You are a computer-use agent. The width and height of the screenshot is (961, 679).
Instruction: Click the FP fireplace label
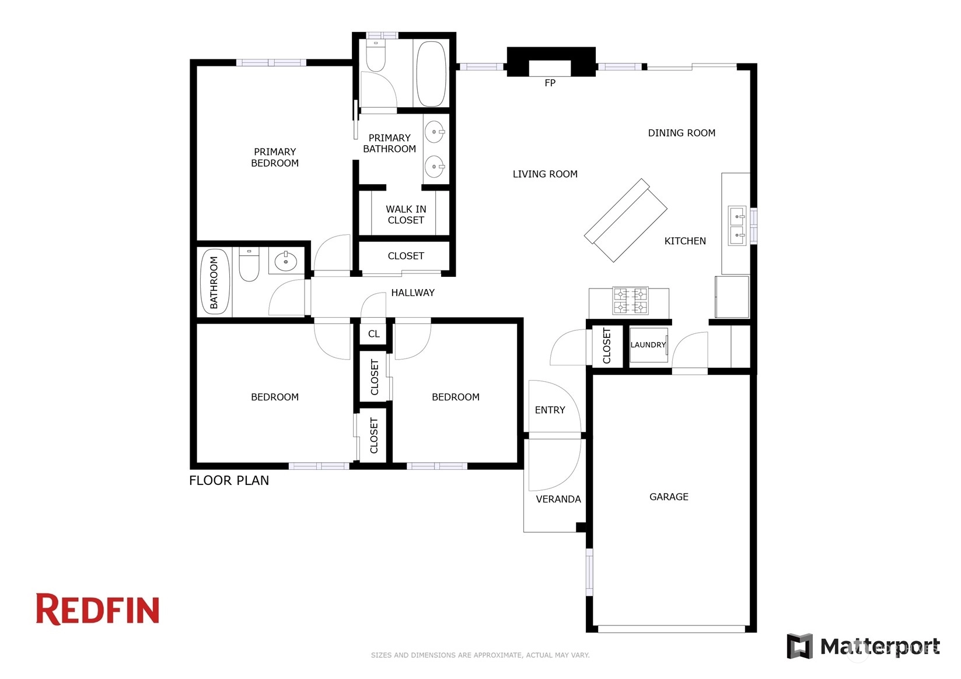point(550,83)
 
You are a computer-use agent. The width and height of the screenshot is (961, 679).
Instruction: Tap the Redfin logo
point(97,609)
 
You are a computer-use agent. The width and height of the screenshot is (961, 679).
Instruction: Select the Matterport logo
point(863,646)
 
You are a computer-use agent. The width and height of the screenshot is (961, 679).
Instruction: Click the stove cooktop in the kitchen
point(630,301)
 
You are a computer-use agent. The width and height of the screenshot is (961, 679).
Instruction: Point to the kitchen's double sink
point(738,226)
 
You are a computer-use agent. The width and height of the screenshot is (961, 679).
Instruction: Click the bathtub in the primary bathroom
point(431,74)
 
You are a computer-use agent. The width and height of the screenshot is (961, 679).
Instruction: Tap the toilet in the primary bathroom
point(376,55)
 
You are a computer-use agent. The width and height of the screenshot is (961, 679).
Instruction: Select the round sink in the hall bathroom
point(286,261)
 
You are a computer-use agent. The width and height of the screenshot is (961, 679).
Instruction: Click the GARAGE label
point(669,497)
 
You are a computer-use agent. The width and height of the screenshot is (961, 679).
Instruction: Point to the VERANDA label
point(558,499)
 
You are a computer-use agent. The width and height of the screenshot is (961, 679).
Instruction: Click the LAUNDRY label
point(648,344)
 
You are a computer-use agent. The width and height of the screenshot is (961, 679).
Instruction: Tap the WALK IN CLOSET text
point(406,214)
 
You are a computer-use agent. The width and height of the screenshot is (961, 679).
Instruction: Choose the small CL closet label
point(373,334)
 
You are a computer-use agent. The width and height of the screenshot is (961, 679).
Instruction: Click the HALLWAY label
point(413,293)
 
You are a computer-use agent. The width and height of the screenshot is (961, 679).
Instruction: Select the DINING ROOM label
point(682,133)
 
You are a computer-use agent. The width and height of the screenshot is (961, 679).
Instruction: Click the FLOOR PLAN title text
point(229,480)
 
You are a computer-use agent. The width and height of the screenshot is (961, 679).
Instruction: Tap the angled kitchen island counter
point(625,220)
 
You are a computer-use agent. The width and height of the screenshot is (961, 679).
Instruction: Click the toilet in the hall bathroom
point(249,265)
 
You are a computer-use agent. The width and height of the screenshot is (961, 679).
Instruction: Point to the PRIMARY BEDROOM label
point(275,157)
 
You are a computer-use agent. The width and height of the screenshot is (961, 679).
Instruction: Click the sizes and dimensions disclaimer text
point(480,655)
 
